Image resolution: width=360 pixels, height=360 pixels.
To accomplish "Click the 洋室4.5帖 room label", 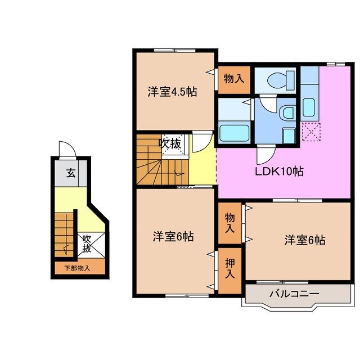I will pyautogui.click(x=173, y=92).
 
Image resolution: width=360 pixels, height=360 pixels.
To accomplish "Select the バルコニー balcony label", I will pyautogui.click(x=294, y=294).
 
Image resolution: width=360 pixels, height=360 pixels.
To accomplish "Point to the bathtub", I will pyautogui.click(x=234, y=133).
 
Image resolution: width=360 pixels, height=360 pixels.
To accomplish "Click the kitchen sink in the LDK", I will pyautogui.click(x=308, y=106).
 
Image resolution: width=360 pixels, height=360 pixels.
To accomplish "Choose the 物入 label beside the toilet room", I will pyautogui.click(x=233, y=78).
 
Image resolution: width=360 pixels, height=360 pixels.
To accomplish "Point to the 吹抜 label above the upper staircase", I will pyautogui.click(x=170, y=143).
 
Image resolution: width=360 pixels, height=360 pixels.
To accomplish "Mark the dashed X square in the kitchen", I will pyautogui.click(x=309, y=132).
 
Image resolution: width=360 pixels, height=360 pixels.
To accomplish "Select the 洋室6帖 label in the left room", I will pyautogui.click(x=173, y=237).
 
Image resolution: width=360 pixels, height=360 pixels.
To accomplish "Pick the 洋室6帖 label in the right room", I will pyautogui.click(x=304, y=240).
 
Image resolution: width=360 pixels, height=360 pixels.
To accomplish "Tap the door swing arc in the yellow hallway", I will pyautogui.click(x=201, y=143).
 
